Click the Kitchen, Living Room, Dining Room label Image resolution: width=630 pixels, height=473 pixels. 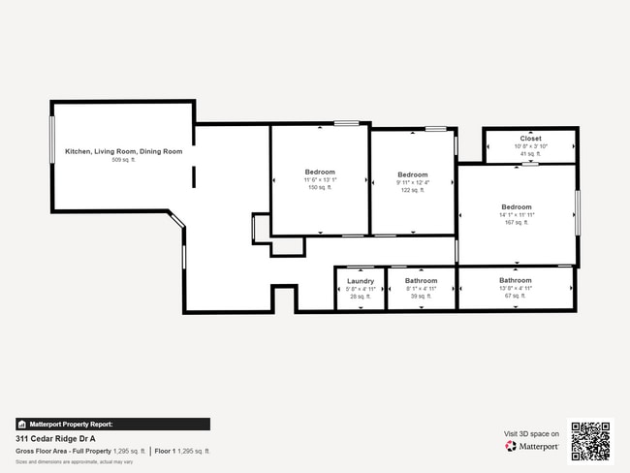point(123,151)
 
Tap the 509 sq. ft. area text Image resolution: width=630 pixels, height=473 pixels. point(123,159)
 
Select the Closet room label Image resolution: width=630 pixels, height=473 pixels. point(530,139)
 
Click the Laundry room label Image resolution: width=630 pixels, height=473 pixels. point(360,281)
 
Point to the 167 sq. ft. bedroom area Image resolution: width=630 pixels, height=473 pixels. point(516,223)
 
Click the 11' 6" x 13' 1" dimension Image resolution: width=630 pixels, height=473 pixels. point(320,180)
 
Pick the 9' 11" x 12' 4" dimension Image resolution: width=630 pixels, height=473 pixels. point(412,182)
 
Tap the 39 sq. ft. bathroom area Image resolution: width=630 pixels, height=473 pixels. point(421,297)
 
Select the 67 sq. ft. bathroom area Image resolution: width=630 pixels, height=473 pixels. point(516,297)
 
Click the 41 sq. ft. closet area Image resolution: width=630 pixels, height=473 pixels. point(530,154)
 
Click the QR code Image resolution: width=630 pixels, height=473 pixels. point(590,440)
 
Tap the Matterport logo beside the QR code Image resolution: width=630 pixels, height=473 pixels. point(532,446)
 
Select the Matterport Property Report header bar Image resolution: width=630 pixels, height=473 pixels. point(112,424)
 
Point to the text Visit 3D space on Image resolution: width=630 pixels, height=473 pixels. point(531,433)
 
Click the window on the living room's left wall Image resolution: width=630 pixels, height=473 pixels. point(52,142)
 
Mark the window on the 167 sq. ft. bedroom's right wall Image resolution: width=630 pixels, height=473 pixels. point(577,212)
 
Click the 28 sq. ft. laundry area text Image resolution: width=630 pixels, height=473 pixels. point(360,297)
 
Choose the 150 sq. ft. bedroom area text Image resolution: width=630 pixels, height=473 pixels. point(320,188)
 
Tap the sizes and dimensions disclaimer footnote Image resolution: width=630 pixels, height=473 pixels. point(74,461)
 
